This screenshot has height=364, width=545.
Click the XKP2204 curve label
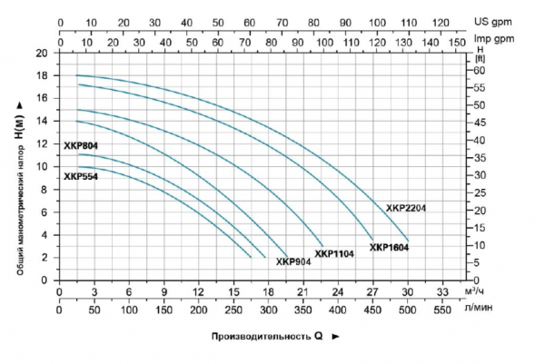click(x=406, y=208)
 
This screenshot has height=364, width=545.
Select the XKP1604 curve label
click(x=389, y=247)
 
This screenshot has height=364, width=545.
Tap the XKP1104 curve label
click(x=334, y=254)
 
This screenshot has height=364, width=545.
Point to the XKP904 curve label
click(x=294, y=262)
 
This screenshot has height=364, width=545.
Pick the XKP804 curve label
click(x=81, y=144)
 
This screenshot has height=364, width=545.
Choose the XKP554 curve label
click(x=81, y=177)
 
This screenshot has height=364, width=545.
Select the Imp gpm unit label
click(x=498, y=40)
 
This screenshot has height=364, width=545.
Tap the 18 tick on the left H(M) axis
click(x=41, y=75)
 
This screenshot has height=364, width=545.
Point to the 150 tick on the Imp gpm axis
click(x=456, y=40)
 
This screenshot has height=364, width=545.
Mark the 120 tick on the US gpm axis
click(x=441, y=21)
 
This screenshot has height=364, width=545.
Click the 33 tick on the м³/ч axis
click(x=442, y=292)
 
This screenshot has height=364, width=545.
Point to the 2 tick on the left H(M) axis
click(x=44, y=257)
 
